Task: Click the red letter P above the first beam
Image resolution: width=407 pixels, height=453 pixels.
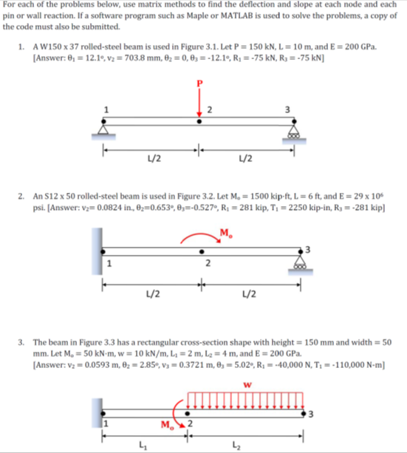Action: click(x=199, y=84)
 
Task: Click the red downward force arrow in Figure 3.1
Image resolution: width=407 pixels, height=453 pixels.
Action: click(x=199, y=103)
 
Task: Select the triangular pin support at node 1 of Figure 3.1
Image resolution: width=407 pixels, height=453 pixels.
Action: click(x=103, y=130)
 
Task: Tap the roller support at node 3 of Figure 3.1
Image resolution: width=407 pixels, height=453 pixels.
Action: click(x=294, y=132)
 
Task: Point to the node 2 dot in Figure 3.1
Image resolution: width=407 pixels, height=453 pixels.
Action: click(x=199, y=121)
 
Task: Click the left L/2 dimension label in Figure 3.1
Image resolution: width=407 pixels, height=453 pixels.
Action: click(x=154, y=158)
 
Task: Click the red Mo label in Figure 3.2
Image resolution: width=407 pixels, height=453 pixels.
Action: click(x=226, y=233)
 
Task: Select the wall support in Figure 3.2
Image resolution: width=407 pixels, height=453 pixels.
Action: click(x=97, y=251)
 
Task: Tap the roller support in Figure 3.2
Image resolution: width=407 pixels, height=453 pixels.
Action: click(x=301, y=263)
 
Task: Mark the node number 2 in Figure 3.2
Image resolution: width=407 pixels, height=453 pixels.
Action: click(x=208, y=263)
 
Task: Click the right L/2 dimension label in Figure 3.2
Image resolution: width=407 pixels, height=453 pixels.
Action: click(x=249, y=294)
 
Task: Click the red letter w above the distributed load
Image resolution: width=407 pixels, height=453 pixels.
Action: click(x=247, y=385)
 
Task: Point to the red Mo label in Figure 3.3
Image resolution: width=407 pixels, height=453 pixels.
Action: click(x=168, y=425)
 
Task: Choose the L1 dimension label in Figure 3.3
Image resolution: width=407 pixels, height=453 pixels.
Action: click(x=143, y=445)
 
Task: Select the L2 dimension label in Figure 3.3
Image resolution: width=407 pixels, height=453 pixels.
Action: click(x=236, y=445)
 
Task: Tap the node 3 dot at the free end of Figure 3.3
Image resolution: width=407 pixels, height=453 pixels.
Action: click(x=304, y=414)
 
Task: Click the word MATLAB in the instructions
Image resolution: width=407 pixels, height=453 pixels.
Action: click(x=236, y=16)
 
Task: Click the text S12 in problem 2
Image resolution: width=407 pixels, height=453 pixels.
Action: click(x=51, y=197)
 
